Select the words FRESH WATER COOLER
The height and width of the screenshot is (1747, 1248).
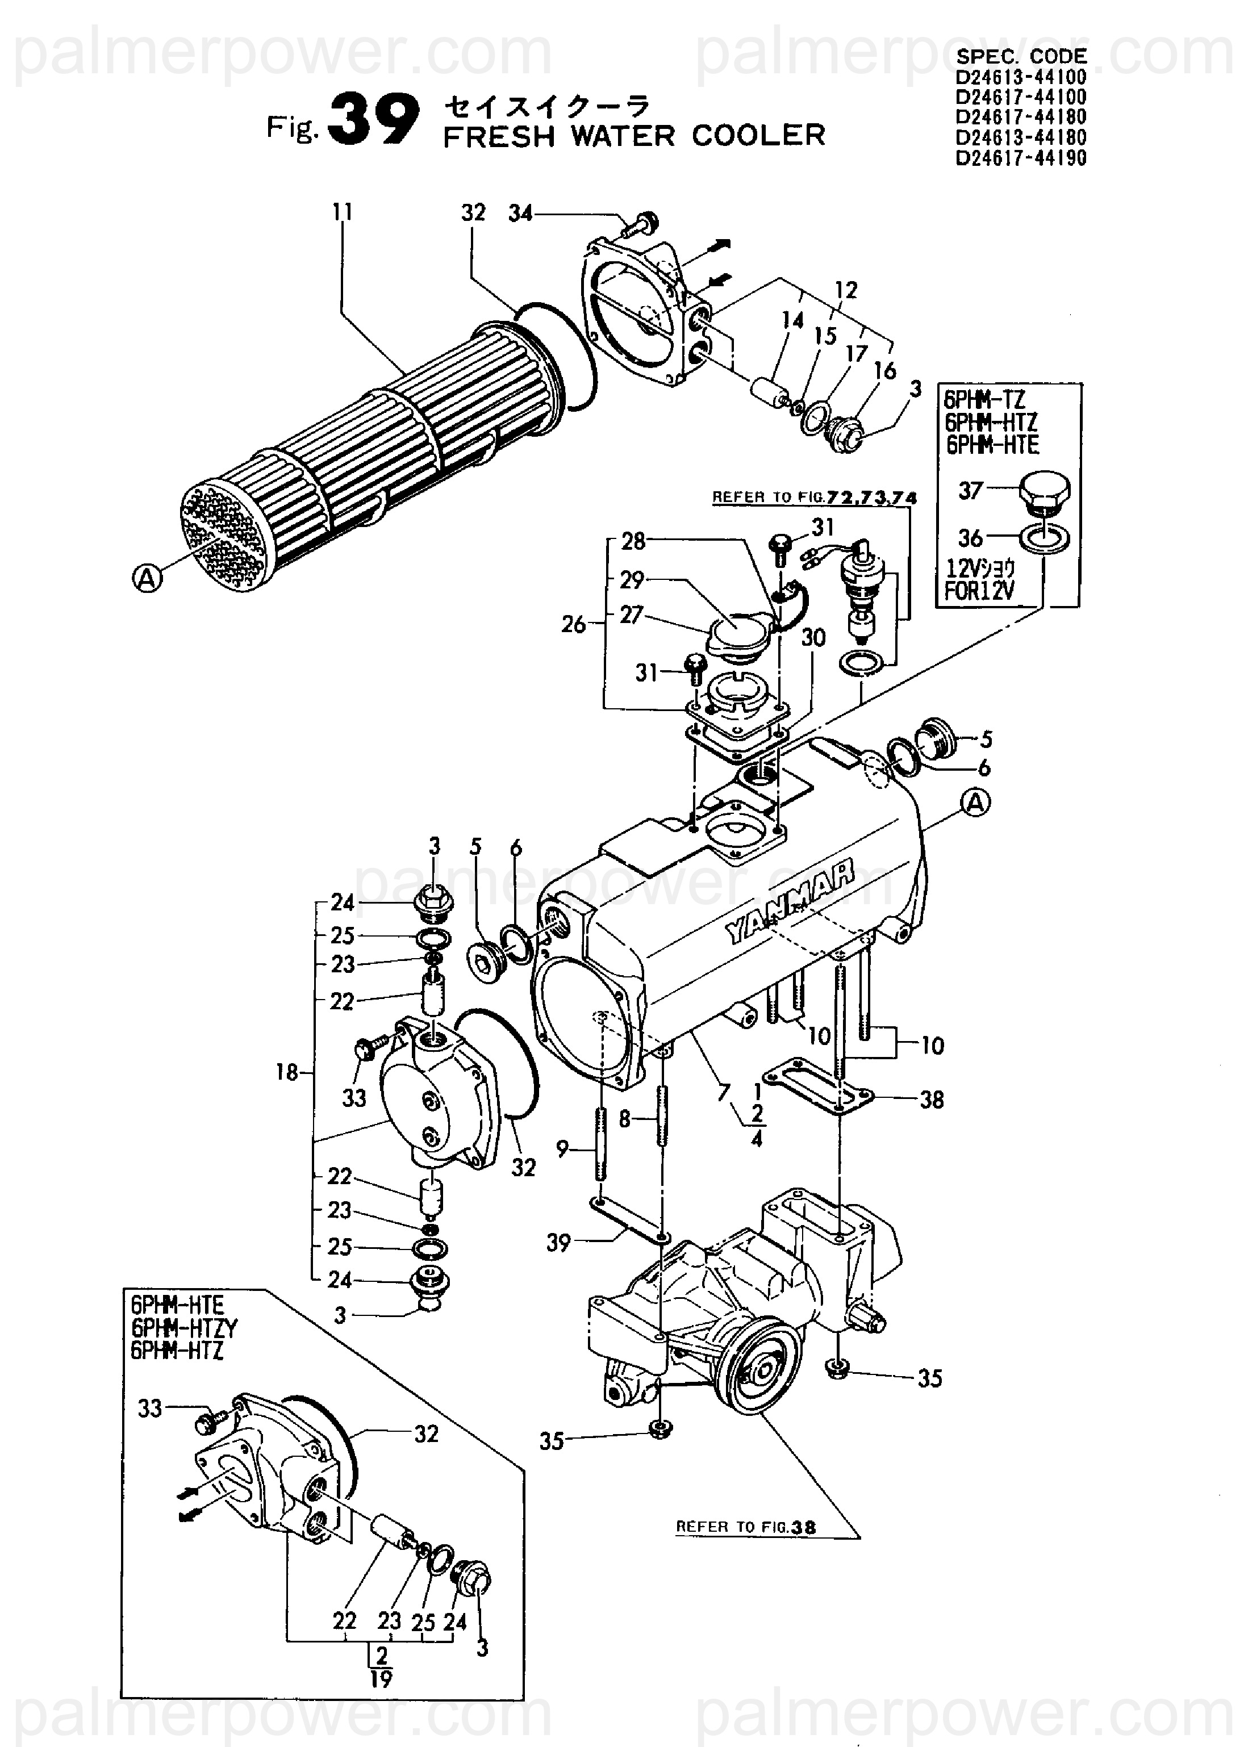[634, 135]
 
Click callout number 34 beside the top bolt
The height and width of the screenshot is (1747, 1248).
[520, 213]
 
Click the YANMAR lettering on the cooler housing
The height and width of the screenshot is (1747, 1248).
[790, 901]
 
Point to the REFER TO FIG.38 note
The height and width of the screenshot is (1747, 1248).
[745, 1527]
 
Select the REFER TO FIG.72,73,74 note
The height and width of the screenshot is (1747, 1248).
[815, 497]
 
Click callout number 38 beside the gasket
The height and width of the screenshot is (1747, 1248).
[932, 1100]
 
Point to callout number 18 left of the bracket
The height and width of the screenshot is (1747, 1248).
[287, 1072]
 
